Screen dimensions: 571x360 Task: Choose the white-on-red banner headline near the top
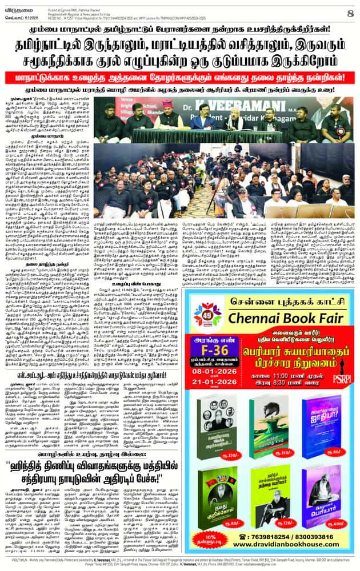[179, 77]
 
